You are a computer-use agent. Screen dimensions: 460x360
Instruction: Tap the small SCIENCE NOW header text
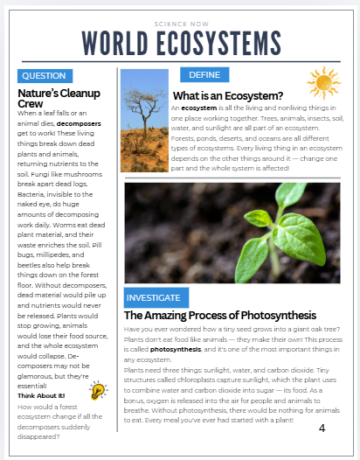click(179, 23)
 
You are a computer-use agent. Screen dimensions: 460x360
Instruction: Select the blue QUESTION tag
click(44, 76)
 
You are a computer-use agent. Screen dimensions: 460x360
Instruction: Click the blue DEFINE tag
click(204, 75)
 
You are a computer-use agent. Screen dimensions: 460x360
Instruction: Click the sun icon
click(322, 83)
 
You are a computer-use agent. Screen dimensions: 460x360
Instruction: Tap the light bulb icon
click(98, 391)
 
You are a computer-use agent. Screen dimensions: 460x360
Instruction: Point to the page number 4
click(322, 428)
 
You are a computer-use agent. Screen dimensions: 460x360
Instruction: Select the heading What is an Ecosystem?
click(227, 95)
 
